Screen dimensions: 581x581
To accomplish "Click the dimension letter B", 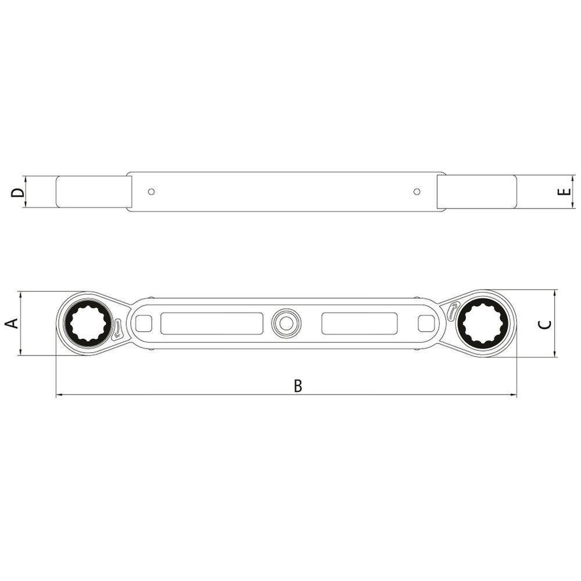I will [298, 386].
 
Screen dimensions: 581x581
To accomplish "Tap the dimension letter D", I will [18, 192].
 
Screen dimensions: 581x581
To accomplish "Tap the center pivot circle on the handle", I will [285, 323].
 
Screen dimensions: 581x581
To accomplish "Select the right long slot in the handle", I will [360, 323].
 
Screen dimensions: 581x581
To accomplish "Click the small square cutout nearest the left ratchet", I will [143, 323].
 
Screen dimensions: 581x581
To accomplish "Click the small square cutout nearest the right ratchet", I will [426, 323].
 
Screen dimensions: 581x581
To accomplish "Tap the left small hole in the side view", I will [151, 192].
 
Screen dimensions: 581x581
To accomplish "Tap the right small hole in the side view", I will [417, 192].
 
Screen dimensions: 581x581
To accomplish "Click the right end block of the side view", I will [476, 192].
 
